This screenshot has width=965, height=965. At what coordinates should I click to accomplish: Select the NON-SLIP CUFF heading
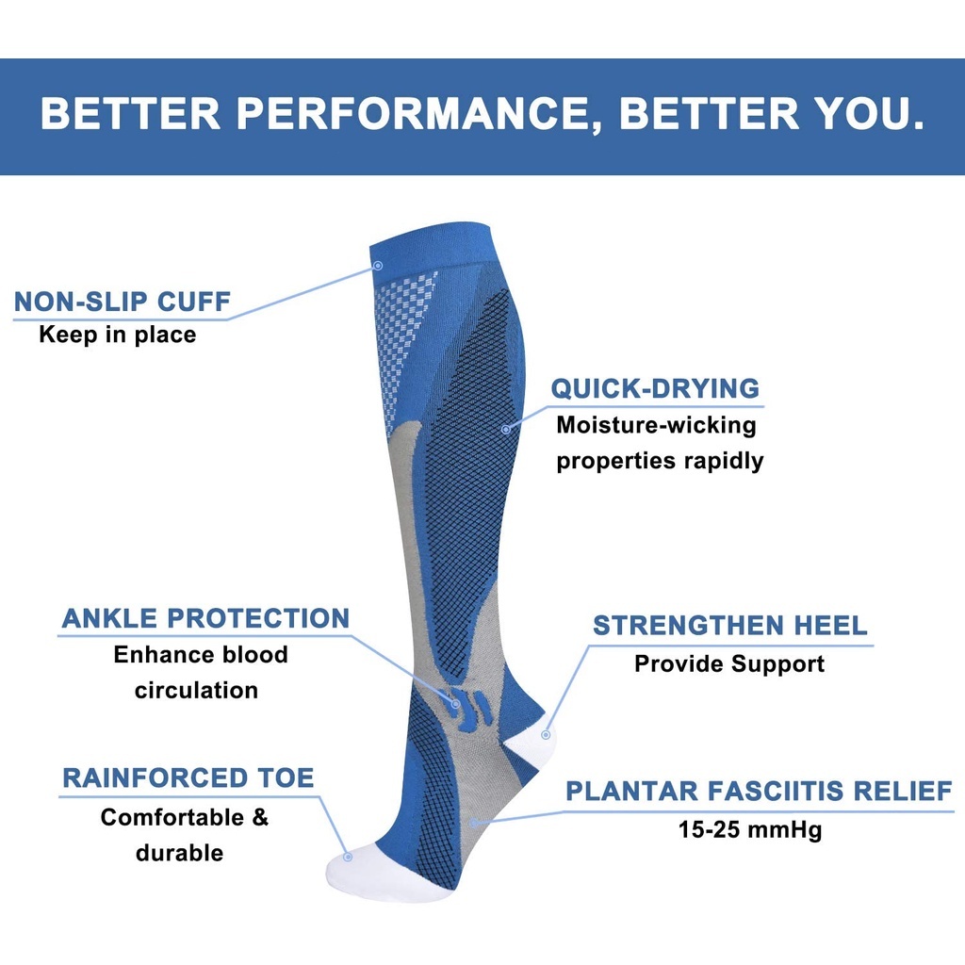tap(122, 302)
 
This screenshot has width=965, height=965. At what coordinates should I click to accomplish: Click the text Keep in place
tap(118, 335)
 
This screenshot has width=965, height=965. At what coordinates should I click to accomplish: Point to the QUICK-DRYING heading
tap(656, 389)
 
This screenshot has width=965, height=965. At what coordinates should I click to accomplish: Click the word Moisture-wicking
tap(656, 425)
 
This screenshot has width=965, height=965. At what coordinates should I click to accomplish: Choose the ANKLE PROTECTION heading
tap(205, 618)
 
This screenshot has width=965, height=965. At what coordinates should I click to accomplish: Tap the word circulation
tap(196, 691)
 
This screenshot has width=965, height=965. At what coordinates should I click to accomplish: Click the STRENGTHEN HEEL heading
tap(730, 626)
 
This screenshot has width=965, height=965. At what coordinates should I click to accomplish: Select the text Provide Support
tap(729, 664)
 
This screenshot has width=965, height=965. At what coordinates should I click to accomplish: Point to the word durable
tap(180, 853)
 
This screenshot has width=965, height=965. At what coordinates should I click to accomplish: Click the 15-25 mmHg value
tap(749, 829)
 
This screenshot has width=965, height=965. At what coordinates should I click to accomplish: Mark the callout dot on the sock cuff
tap(378, 266)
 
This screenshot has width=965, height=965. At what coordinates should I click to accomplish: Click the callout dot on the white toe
tap(348, 857)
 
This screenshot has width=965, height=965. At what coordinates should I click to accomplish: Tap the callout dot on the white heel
tap(546, 735)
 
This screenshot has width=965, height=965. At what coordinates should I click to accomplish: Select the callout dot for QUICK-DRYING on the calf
tap(506, 429)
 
